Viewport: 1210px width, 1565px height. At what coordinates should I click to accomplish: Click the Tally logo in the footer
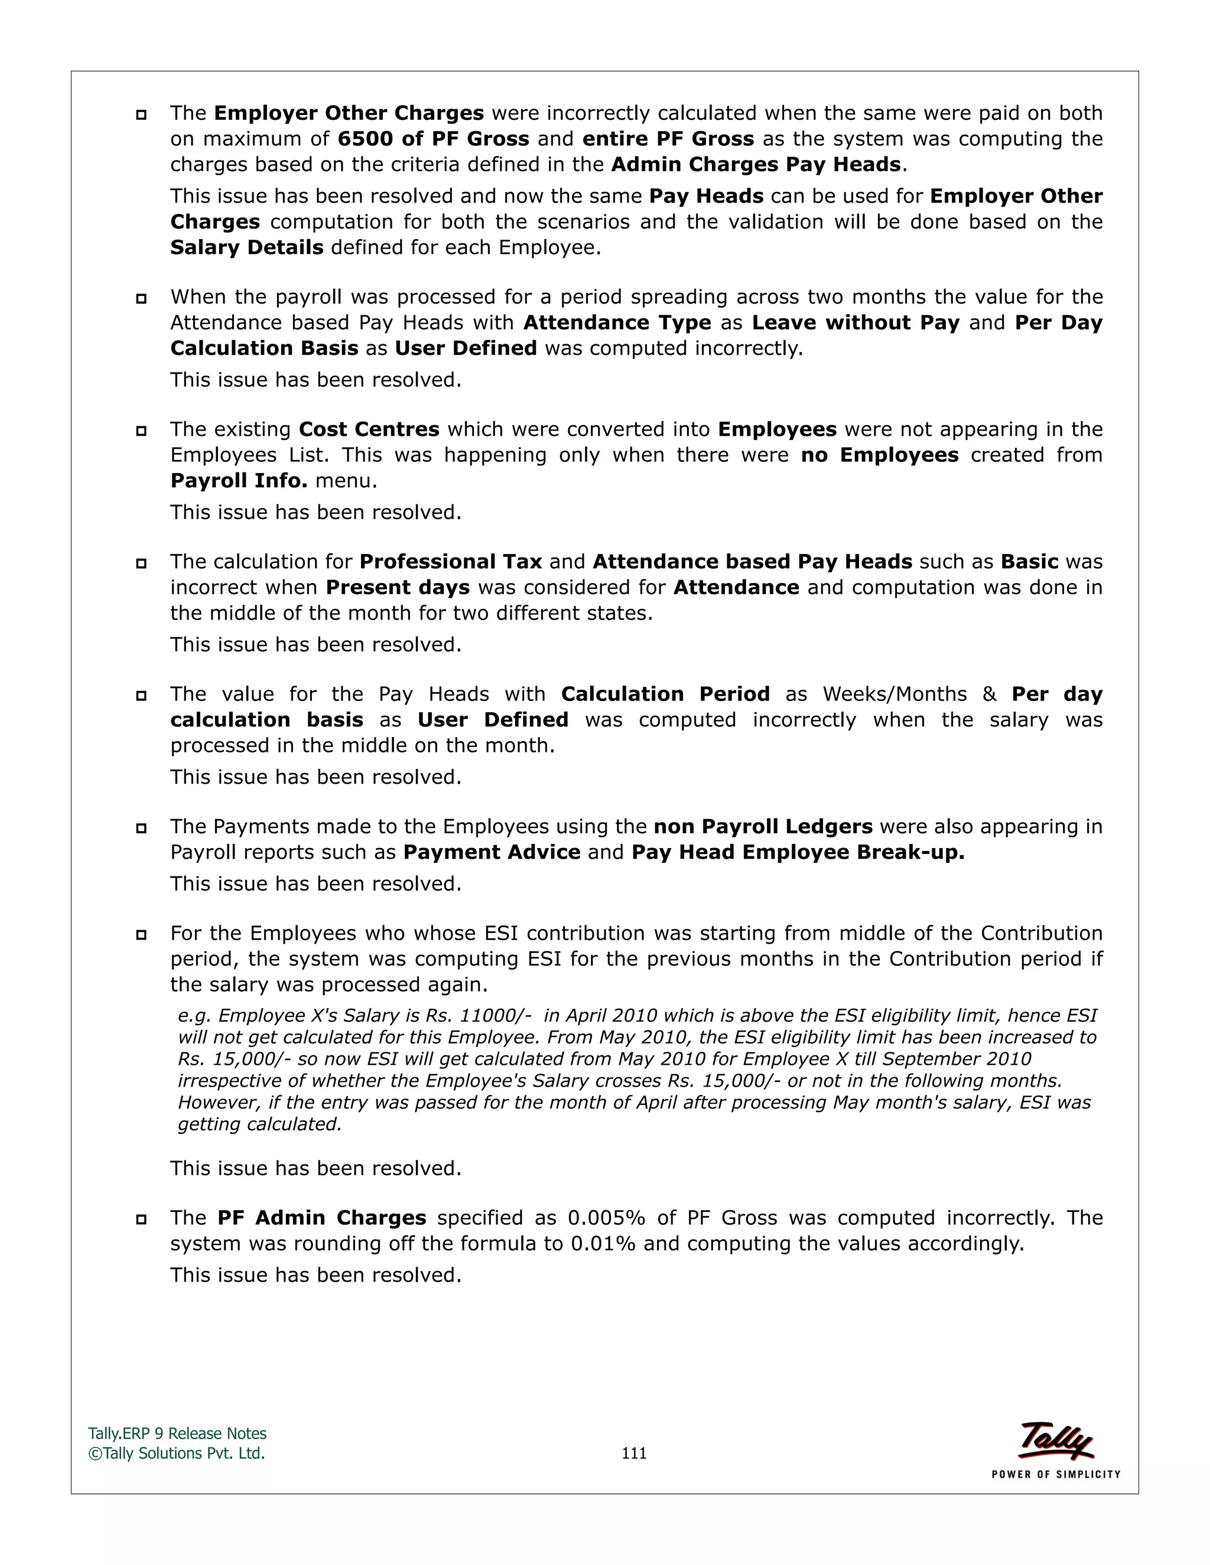click(x=1056, y=1441)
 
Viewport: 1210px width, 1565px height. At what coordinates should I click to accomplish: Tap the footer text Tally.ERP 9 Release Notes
click(x=177, y=1433)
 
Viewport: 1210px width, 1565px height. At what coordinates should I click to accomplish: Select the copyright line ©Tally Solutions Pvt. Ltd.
click(x=176, y=1453)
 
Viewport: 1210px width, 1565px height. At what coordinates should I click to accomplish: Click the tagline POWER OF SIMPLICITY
click(x=1055, y=1474)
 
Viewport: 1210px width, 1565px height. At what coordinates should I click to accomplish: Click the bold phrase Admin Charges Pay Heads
click(x=756, y=164)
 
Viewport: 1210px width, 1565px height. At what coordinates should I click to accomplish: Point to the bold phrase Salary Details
click(x=246, y=247)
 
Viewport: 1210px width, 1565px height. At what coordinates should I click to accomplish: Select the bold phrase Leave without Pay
click(x=855, y=322)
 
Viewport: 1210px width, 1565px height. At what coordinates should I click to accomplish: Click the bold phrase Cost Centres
click(x=369, y=429)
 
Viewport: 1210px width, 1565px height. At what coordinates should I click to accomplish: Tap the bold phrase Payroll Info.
click(x=239, y=480)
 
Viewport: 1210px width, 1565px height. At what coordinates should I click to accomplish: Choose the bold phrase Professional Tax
click(x=450, y=561)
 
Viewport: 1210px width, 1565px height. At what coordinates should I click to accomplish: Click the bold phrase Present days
click(x=397, y=587)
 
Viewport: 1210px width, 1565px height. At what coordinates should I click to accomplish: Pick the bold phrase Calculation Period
click(x=665, y=694)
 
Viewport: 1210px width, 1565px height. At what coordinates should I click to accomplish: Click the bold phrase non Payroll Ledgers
click(x=763, y=826)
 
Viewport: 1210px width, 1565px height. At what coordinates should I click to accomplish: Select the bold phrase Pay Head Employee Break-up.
click(x=798, y=852)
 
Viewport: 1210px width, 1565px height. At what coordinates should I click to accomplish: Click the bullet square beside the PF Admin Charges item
click(x=141, y=1219)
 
